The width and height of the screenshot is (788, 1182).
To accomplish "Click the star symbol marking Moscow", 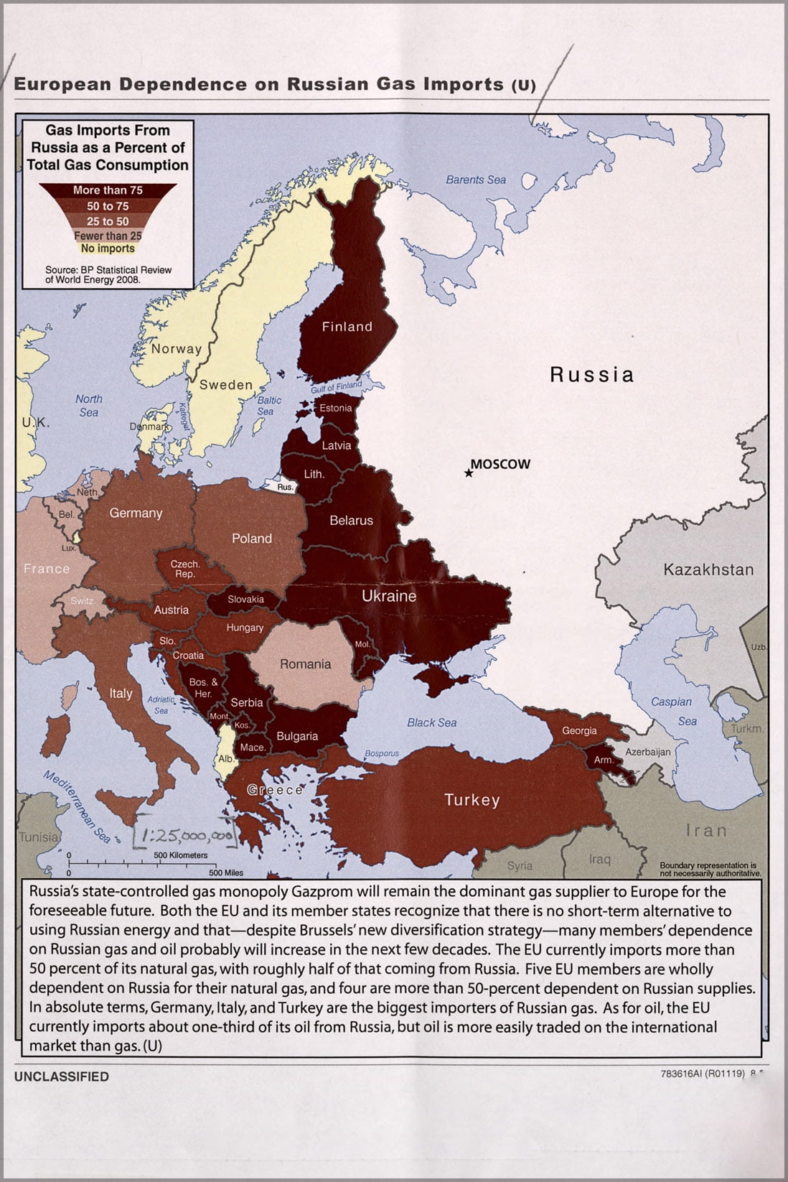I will [469, 473].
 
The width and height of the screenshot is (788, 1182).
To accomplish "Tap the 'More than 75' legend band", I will [108, 190].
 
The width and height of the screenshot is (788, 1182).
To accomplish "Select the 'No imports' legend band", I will [108, 248].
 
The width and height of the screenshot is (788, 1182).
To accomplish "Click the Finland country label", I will [347, 327].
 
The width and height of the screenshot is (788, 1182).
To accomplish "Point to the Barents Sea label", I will [476, 180].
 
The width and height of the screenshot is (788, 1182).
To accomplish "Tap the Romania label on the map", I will [305, 664].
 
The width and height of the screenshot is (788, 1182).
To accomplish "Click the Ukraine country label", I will [389, 596].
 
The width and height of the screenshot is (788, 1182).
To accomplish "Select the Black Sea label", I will [431, 722].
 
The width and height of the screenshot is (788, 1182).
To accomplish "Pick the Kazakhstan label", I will [708, 570].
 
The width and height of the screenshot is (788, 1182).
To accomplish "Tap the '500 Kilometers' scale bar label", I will [180, 855].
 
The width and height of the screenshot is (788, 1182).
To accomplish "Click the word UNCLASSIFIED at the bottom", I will [62, 1076].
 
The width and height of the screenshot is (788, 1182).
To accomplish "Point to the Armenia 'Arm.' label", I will [603, 760].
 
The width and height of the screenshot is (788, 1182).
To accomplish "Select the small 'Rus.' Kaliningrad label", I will [285, 486].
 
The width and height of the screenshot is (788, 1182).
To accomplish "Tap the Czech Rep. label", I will [185, 569].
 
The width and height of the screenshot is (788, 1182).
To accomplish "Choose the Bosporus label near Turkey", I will [382, 753].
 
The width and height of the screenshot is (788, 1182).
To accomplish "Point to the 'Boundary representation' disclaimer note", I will [708, 869].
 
